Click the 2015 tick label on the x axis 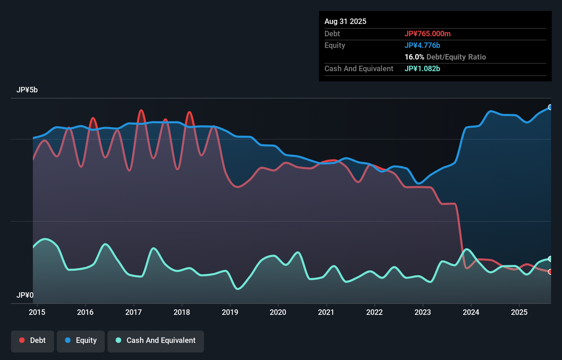[x=37, y=312]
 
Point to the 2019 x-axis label [x=230, y=312]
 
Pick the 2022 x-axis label [x=374, y=312]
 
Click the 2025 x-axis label [x=519, y=312]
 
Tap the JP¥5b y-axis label [x=27, y=90]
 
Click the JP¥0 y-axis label [x=25, y=295]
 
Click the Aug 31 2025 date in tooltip [x=345, y=22]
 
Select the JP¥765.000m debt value [x=427, y=34]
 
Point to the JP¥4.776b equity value [x=422, y=46]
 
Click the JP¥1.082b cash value [x=422, y=69]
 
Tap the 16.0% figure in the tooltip [x=414, y=57]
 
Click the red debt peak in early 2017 [x=141, y=111]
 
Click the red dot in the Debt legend [x=22, y=340]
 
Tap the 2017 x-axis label [x=133, y=312]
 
